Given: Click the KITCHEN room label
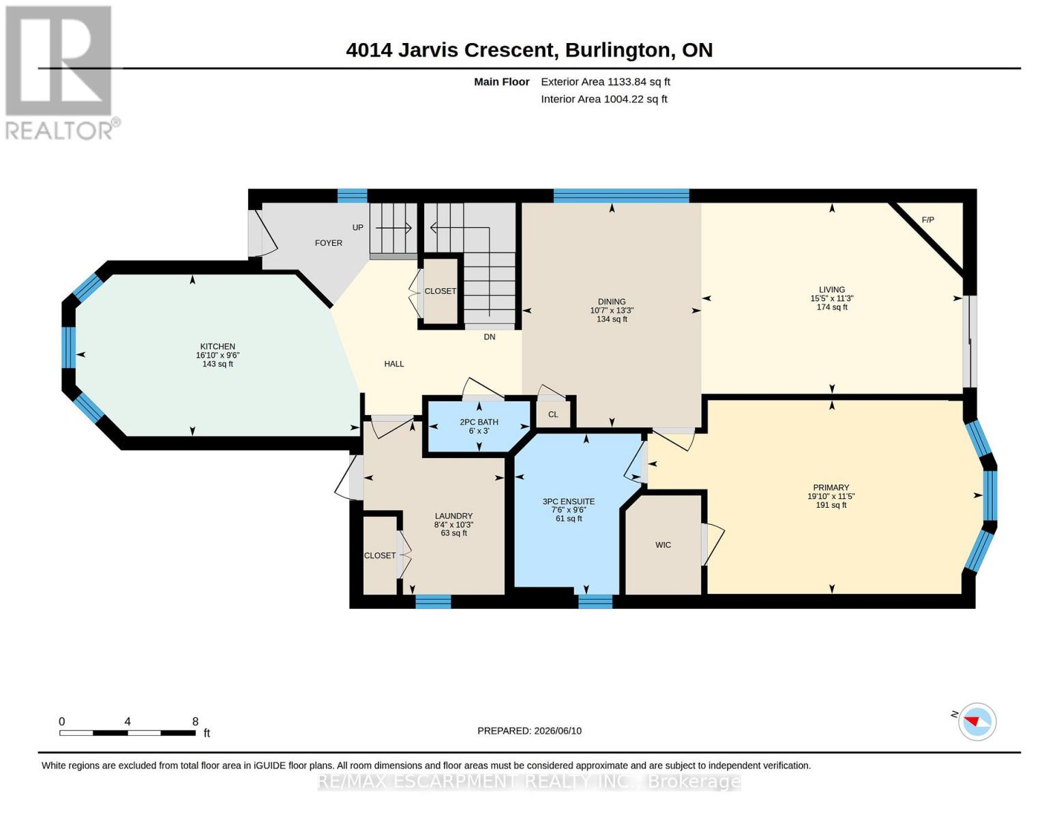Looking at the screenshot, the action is pos(218,346).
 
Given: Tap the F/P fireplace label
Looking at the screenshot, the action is pos(928,220).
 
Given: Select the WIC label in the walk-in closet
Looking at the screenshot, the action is pos(663,545).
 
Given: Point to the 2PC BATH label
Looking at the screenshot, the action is pos(479,422).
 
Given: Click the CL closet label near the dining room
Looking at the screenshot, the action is pos(552,415).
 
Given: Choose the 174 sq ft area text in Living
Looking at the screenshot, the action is pos(832,307).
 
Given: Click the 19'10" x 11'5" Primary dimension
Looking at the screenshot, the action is pos(831,497).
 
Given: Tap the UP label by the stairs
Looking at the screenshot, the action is pos(358,228).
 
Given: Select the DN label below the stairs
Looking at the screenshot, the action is pos(490,337).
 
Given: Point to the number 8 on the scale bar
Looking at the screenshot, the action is pos(195,721).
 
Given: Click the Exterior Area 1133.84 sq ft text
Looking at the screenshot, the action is pos(606,82).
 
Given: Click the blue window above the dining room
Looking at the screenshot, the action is pos(621,196).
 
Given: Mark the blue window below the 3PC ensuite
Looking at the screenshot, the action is pos(595,601).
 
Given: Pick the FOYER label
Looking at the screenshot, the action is pos(329,243).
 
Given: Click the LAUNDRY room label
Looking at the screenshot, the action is pos(453,516).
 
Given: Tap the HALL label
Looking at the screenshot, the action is pos(393,364).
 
